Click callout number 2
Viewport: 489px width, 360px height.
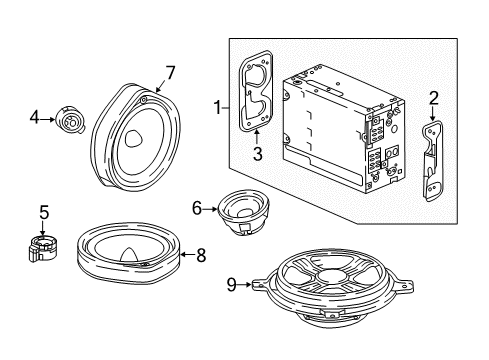(x=434, y=97)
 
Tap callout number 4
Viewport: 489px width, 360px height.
(x=35, y=119)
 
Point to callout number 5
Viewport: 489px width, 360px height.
(x=43, y=212)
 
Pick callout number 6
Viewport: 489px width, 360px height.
(x=197, y=207)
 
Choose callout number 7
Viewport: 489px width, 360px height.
(x=170, y=71)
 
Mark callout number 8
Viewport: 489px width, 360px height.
(x=201, y=256)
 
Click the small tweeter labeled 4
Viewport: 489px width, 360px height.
(x=71, y=120)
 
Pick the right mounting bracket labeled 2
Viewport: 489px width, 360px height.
(x=433, y=160)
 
